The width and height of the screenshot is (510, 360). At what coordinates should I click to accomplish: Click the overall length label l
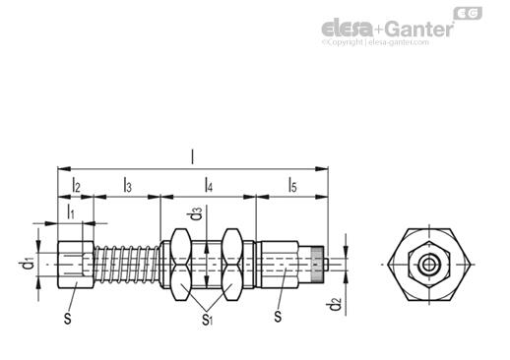click(193, 157)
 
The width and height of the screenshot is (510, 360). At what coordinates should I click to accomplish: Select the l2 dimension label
click(76, 185)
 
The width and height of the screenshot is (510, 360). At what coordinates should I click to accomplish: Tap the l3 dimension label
click(128, 185)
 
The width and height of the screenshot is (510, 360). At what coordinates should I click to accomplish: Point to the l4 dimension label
click(209, 185)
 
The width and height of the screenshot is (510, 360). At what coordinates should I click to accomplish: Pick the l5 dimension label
click(292, 185)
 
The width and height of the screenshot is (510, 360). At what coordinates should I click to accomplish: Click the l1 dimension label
click(71, 211)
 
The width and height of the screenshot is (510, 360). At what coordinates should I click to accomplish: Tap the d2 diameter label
click(334, 304)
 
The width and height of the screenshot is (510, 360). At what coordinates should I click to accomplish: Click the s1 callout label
click(207, 319)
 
